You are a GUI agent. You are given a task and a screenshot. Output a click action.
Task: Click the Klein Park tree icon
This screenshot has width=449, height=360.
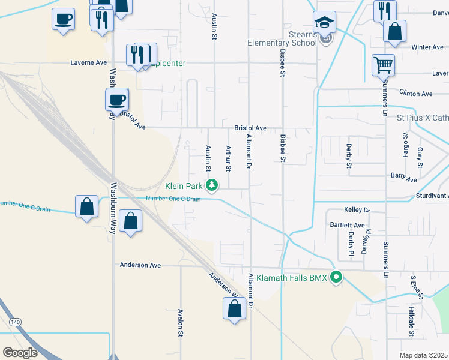[x=211, y=185]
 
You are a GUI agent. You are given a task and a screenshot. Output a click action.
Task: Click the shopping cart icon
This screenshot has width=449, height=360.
[x=383, y=64]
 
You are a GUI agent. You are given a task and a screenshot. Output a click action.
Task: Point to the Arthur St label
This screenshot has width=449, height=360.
[x=228, y=158]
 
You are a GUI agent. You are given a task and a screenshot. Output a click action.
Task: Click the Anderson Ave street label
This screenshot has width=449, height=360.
[x=140, y=265]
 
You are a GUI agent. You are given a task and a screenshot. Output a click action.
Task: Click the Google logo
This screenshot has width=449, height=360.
[x=20, y=353]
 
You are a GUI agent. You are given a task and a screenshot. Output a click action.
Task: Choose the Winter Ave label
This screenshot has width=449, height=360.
[x=427, y=47]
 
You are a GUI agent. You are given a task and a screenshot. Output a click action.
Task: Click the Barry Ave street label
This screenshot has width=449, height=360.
[x=403, y=178]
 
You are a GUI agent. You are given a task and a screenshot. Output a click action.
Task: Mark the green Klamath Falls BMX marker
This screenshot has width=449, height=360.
[x=337, y=277]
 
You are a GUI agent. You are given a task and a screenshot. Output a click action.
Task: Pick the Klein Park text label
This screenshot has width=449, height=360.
[x=184, y=185]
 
